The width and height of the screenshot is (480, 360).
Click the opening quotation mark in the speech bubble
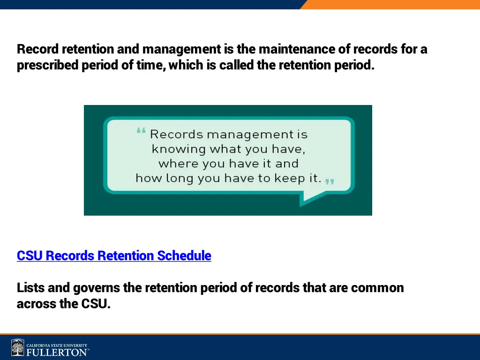coord(141,132)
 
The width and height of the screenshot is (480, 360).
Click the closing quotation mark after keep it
coord(330,181)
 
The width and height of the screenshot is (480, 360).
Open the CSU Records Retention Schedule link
coord(114,256)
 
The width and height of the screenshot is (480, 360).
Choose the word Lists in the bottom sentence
coord(30,288)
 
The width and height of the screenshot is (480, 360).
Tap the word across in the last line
coord(35,304)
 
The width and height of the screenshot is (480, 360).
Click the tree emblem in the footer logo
coord(18,347)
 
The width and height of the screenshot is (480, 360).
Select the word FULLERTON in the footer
coord(57,352)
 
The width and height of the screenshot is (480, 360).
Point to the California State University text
coord(57,345)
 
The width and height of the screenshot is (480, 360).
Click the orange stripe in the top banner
coord(394,4)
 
